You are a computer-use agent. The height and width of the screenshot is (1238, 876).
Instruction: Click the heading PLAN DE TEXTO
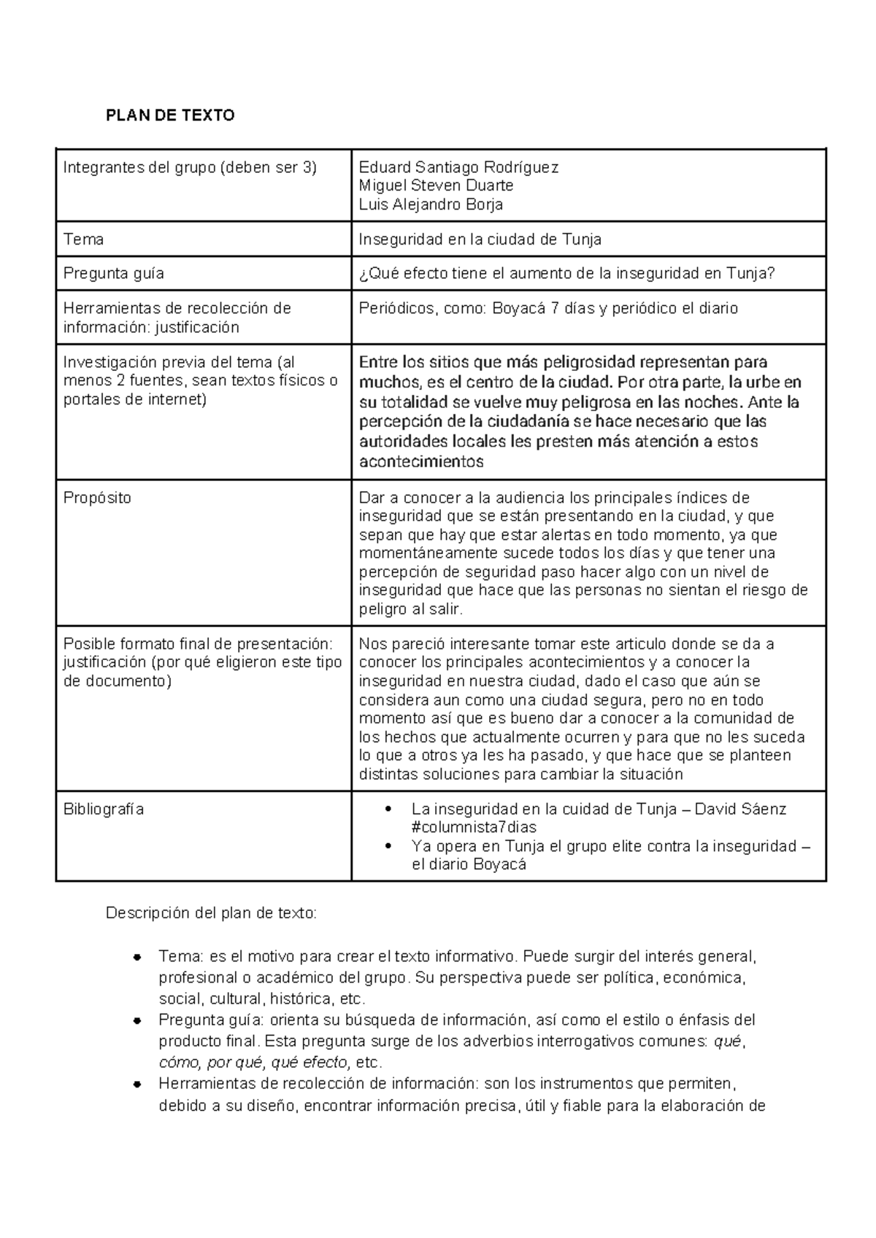pos(170,115)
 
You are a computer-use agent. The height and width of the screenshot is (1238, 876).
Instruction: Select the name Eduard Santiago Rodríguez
pos(458,168)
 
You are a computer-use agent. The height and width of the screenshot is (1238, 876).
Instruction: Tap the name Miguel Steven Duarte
pos(436,185)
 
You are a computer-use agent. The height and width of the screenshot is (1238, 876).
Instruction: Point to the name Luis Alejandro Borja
pos(431,204)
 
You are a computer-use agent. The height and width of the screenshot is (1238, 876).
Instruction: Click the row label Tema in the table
pos(83,239)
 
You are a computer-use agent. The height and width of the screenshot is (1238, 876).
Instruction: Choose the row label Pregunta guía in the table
pos(113,274)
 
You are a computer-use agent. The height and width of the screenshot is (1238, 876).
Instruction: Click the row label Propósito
pos(97,498)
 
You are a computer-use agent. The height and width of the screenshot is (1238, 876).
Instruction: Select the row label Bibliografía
pos(103,809)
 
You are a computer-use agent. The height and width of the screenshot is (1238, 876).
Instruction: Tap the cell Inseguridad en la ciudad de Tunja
pos(480,239)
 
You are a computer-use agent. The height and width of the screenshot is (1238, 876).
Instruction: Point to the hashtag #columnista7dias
pos(474,828)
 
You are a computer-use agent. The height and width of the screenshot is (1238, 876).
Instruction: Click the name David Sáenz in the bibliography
pos(739,809)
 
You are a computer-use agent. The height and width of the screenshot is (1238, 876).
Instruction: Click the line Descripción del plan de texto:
pos(212,913)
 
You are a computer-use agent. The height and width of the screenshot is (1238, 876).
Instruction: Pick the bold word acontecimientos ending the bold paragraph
pos(421,461)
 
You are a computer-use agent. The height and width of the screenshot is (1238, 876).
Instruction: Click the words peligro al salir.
pos(410,609)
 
